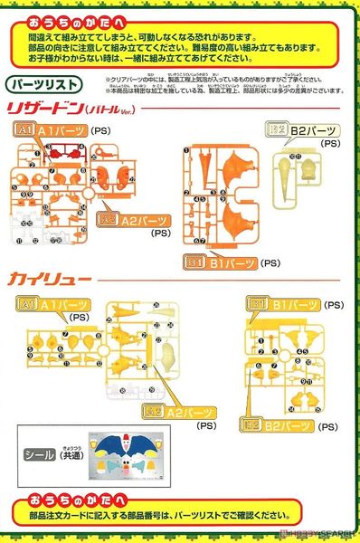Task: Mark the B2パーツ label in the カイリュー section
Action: coord(276,423)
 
